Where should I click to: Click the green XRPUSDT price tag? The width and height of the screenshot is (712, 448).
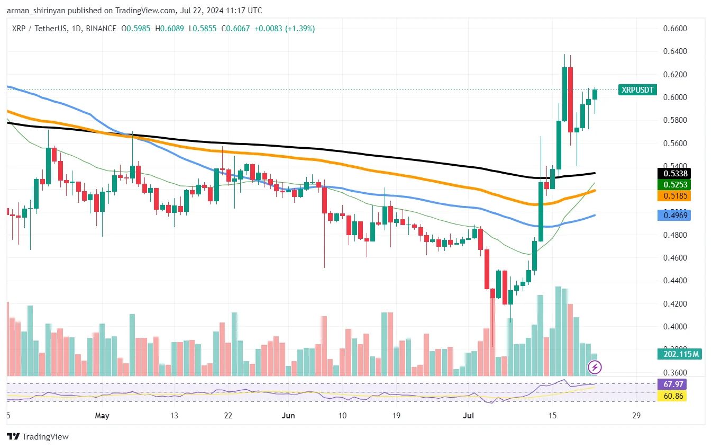[637, 90]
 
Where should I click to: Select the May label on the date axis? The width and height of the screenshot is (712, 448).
[102, 416]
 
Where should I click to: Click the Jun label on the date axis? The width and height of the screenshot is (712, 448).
[288, 416]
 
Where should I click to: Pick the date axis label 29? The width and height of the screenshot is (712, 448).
[636, 416]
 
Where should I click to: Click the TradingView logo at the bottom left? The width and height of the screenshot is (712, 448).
[38, 437]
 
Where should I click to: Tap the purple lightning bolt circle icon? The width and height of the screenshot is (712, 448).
[595, 366]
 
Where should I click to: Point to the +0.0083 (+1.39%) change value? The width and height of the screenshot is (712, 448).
[285, 29]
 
